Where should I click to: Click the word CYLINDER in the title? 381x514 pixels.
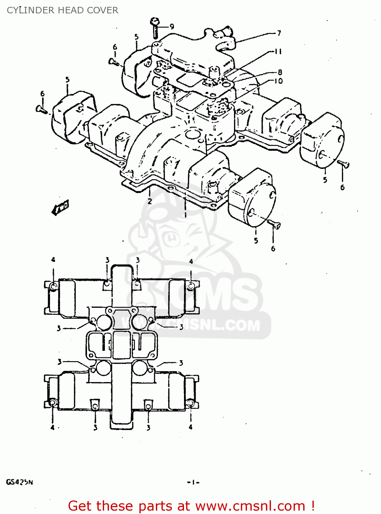click(26, 10)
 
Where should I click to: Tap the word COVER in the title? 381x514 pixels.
click(104, 10)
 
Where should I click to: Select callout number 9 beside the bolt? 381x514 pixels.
click(172, 26)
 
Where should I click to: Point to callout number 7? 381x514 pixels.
click(279, 33)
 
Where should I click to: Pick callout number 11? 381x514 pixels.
click(278, 51)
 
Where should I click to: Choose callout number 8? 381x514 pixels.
click(280, 72)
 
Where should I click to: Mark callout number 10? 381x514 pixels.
click(279, 81)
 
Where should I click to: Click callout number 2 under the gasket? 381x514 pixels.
click(150, 201)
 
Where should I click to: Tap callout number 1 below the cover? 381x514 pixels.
click(185, 215)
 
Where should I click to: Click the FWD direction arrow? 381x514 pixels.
click(61, 207)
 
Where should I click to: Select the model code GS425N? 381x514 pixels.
click(20, 482)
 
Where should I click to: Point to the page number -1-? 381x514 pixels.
click(193, 482)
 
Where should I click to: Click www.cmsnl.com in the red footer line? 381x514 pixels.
click(250, 506)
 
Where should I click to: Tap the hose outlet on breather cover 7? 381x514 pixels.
click(224, 33)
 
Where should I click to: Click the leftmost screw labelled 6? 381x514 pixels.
click(40, 109)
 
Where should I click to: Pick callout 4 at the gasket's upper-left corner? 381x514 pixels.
click(53, 260)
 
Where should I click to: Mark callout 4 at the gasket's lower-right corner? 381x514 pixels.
click(190, 427)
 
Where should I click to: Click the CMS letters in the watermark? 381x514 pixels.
click(219, 295)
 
